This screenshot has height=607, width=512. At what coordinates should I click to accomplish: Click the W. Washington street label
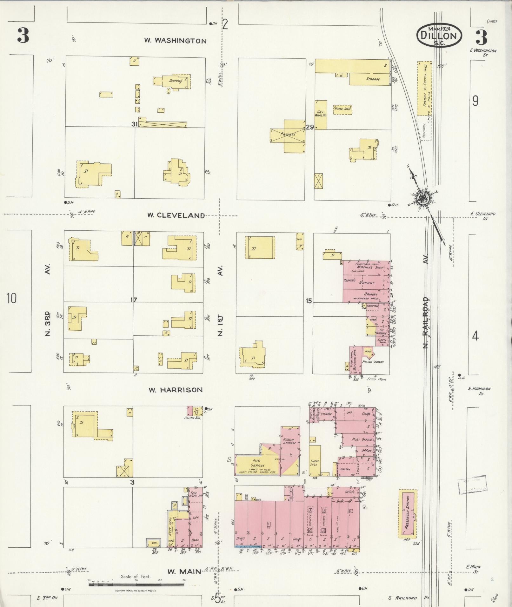175,41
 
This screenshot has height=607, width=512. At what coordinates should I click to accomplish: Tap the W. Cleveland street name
176,215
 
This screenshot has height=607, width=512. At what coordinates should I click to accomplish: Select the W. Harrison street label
176,390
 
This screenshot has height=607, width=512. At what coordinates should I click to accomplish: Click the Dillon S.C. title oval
439,36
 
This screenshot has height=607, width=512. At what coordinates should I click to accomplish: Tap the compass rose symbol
422,198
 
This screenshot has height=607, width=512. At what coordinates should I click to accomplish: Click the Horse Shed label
342,109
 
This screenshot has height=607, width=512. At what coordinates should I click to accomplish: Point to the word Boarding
176,81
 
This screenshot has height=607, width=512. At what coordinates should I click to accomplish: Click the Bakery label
345,469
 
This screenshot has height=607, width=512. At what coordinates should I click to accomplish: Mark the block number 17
134,300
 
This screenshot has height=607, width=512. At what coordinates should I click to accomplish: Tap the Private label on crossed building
288,135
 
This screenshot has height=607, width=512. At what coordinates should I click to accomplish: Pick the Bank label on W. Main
195,540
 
